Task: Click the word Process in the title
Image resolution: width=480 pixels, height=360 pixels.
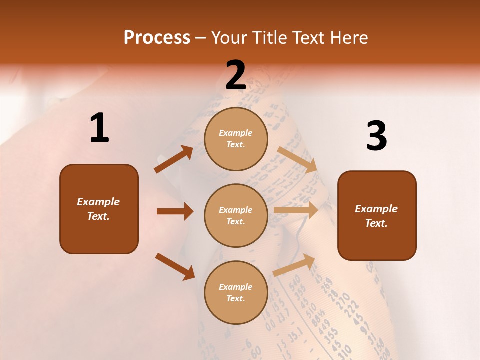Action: coord(157,38)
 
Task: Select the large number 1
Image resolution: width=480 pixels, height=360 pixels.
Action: coord(99,128)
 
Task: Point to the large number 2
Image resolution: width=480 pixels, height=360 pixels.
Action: coord(235,75)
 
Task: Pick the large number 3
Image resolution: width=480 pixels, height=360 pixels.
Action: coord(376,136)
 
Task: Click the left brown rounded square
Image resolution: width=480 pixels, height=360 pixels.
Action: coord(99,209)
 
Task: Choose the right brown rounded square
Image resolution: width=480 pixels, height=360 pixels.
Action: coord(377,216)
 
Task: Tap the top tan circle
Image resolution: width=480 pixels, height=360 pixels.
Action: coord(236,139)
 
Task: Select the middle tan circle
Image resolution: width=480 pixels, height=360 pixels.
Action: coord(236,216)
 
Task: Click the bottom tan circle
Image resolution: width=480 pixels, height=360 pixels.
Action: coord(236,292)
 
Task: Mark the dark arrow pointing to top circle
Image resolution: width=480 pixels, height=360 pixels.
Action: coord(174,159)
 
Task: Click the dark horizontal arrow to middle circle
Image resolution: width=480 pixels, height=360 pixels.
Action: coord(175,211)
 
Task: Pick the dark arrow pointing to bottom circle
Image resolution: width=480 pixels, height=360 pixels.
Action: coord(175,266)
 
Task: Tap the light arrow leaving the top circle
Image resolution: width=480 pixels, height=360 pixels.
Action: coord(297,159)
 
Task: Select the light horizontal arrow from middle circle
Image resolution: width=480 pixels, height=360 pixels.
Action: coord(296,210)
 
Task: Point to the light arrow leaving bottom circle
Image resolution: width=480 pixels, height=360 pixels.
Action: coord(294,265)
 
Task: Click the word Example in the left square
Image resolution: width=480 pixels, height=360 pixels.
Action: coord(98,202)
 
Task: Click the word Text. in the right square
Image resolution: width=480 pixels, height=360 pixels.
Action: coord(376,223)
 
